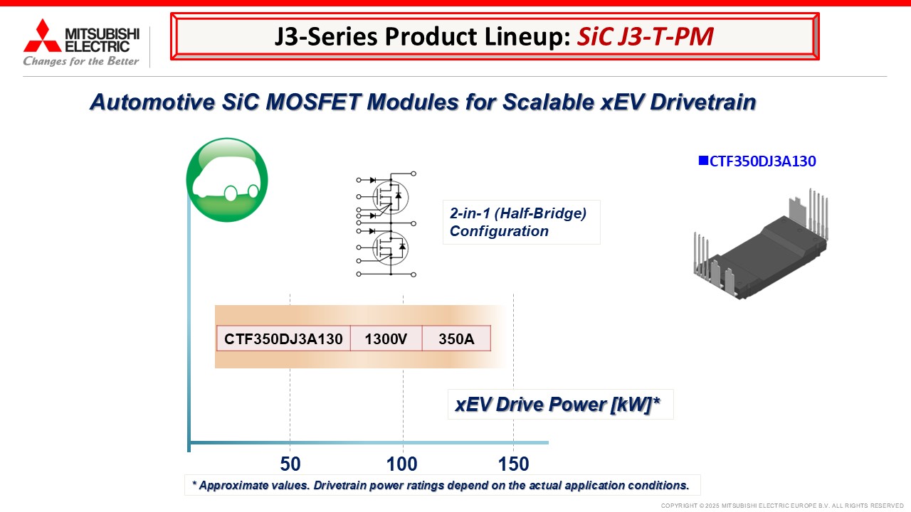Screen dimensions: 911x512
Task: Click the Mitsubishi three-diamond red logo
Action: [x=42, y=36]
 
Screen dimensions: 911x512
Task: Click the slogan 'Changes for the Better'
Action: [x=81, y=61]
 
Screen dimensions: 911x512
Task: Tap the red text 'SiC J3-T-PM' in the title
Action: [x=645, y=36]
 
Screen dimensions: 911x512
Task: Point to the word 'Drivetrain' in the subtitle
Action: [x=702, y=102]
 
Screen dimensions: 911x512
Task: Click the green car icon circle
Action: [x=227, y=180]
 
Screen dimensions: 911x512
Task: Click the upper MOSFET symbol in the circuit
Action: [x=391, y=197]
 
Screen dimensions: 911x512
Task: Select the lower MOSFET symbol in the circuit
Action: [x=391, y=248]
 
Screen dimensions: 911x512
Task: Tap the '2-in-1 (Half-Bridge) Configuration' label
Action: [x=518, y=222]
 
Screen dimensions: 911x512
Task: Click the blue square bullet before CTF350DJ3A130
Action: [x=703, y=161]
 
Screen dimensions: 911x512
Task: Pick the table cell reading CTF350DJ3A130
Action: [x=283, y=338]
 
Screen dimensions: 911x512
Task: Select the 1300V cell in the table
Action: [x=386, y=338]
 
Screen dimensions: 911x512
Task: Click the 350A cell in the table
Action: [x=456, y=338]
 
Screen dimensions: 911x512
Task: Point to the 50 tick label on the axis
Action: [x=290, y=464]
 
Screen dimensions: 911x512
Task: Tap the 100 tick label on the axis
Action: [x=402, y=464]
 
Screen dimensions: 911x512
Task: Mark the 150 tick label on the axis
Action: [x=514, y=464]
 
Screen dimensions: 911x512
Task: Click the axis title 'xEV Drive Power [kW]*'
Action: [x=557, y=405]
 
